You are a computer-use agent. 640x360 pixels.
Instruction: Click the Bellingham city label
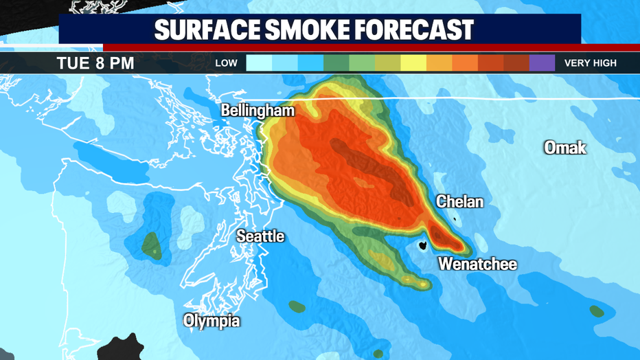[x=258, y=111]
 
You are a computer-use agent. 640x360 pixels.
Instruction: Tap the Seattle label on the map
[x=260, y=236]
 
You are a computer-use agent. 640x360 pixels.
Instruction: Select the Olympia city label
[x=212, y=320]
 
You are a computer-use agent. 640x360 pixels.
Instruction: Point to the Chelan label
[x=459, y=202]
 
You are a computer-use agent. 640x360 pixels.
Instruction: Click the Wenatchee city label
[x=477, y=264]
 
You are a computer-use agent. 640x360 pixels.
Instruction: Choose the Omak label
[x=564, y=147]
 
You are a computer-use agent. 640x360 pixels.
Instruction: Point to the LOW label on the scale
[x=226, y=63]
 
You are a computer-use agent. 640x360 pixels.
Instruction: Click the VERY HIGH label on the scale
[x=590, y=63]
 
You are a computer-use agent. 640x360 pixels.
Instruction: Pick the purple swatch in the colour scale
[x=542, y=63]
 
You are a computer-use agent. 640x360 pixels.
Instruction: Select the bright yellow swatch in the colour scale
[x=413, y=63]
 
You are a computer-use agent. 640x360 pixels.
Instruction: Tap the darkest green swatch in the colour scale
[x=336, y=63]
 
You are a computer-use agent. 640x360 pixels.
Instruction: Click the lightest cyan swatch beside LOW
[x=259, y=63]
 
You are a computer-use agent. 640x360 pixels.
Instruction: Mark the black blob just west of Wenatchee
[x=423, y=245]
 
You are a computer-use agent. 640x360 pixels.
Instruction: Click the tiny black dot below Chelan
[x=455, y=219]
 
